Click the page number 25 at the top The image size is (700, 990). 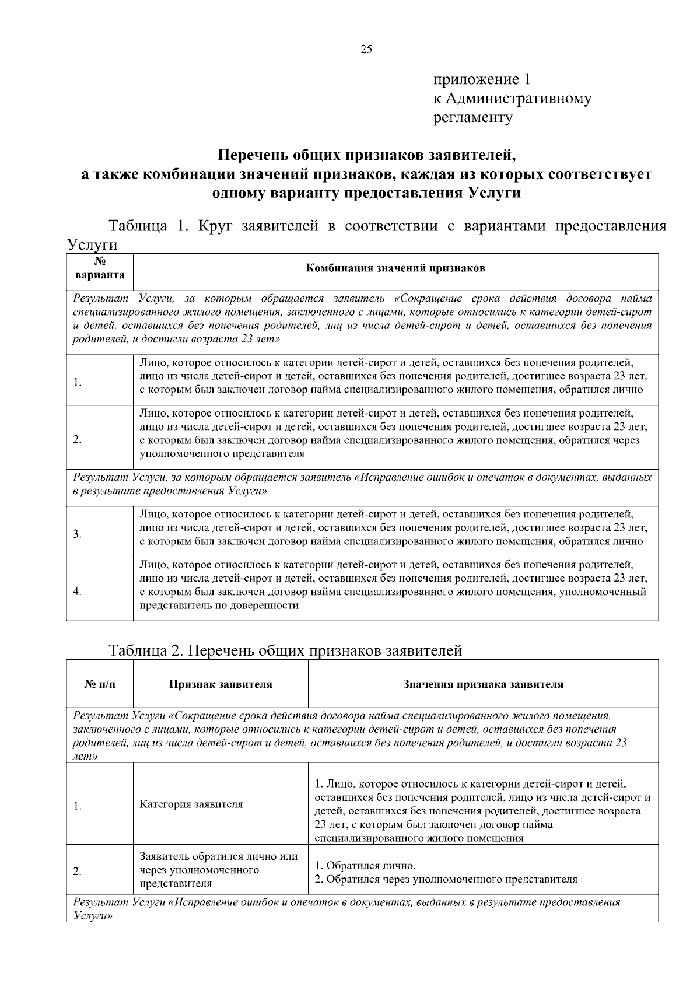pyautogui.click(x=366, y=49)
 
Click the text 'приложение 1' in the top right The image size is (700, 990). pyautogui.click(x=481, y=79)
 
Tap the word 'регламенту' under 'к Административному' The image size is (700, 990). pyautogui.click(x=473, y=118)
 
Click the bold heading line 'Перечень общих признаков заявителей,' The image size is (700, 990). pyautogui.click(x=367, y=155)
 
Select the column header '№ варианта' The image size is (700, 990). pyautogui.click(x=100, y=268)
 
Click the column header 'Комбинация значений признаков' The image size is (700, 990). pyautogui.click(x=395, y=268)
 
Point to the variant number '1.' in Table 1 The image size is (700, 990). pyautogui.click(x=77, y=383)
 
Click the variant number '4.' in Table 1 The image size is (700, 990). pyautogui.click(x=77, y=592)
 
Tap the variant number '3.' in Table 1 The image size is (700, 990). pyautogui.click(x=77, y=534)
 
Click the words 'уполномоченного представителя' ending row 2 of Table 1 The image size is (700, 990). pyautogui.click(x=222, y=453)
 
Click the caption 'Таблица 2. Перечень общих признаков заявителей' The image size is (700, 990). pyautogui.click(x=285, y=650)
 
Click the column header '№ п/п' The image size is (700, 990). pyautogui.click(x=100, y=684)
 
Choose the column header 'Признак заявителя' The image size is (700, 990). pyautogui.click(x=220, y=684)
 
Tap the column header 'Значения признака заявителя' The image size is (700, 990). pyautogui.click(x=483, y=684)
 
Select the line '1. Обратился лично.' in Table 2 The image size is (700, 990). pyautogui.click(x=365, y=865)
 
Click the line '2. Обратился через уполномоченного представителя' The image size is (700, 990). pyautogui.click(x=446, y=879)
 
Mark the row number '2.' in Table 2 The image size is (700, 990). pyautogui.click(x=77, y=872)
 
